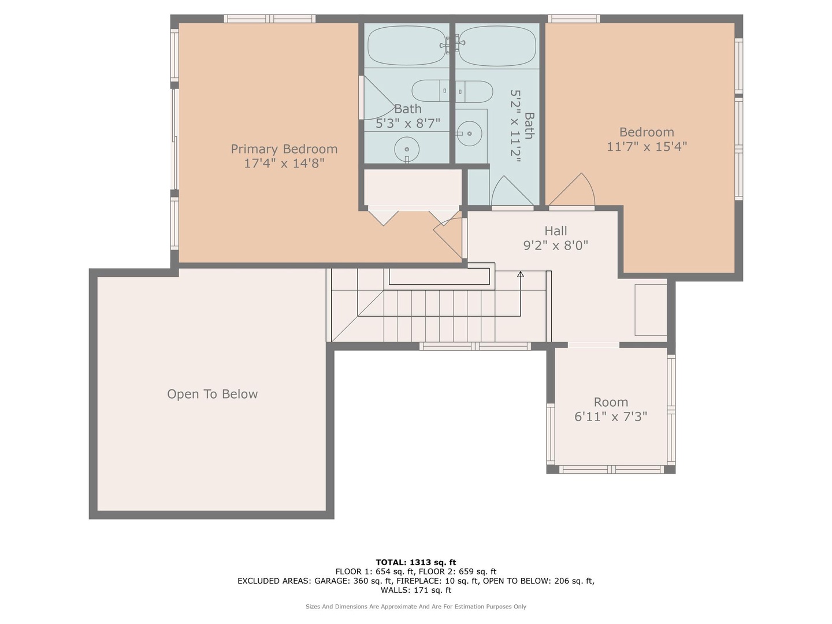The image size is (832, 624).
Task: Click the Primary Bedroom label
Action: tap(284, 149)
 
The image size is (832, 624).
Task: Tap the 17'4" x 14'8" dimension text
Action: tap(284, 164)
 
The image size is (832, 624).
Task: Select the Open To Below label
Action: tap(212, 394)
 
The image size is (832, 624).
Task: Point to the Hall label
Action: tap(556, 231)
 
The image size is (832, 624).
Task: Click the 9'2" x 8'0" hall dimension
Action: tap(556, 246)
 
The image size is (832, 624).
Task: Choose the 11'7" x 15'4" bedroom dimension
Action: tap(647, 146)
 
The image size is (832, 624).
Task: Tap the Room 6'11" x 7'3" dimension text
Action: tap(611, 417)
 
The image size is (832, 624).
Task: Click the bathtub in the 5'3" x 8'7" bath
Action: tap(407, 46)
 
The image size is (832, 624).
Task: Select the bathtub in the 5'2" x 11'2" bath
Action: tap(496, 46)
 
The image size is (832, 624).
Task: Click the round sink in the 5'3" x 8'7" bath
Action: tap(407, 149)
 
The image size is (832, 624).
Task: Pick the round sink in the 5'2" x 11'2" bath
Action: tap(469, 133)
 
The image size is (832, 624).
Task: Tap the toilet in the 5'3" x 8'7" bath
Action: tap(430, 91)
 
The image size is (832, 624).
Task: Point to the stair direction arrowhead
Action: tap(521, 274)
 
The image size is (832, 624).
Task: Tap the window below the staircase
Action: tap(475, 346)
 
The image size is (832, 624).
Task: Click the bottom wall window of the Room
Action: tap(611, 470)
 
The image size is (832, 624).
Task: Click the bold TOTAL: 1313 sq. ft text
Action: tap(416, 562)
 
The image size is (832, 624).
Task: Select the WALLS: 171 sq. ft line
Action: tap(416, 590)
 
